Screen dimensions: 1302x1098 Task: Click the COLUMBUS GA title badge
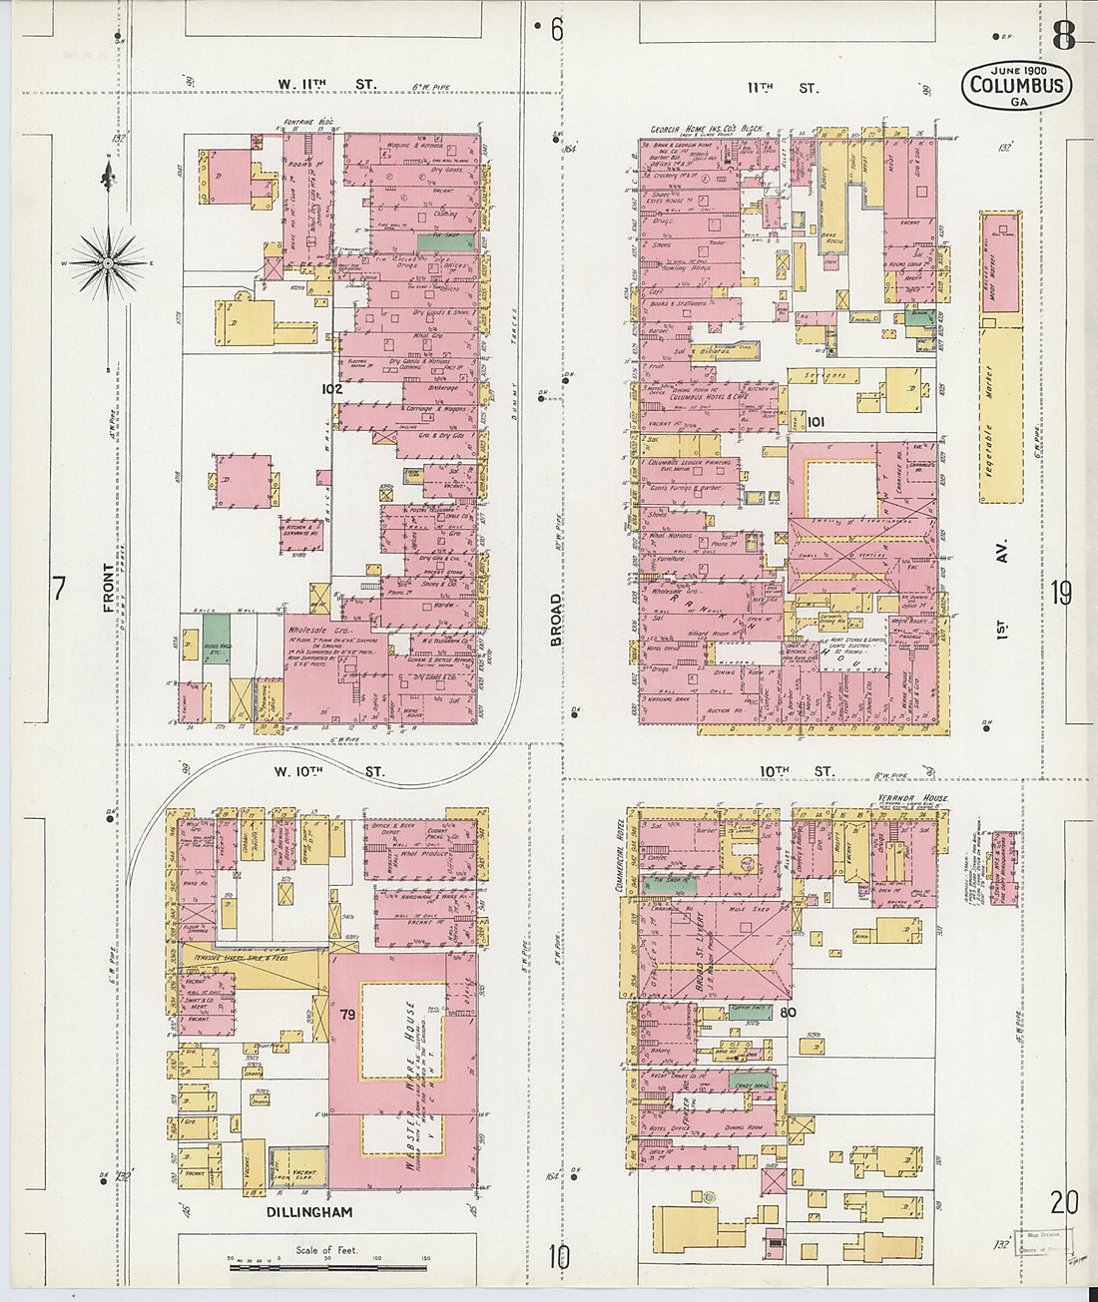[1016, 85]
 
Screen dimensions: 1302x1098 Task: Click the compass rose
[107, 263]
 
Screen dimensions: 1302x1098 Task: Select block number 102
[331, 389]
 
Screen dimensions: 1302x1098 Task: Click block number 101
[816, 421]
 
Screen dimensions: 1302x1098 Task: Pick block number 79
[347, 1015]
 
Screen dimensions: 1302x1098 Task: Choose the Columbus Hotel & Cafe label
[713, 397]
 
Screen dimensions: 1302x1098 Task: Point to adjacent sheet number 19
[1061, 593]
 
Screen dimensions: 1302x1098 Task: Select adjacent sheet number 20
[1064, 1201]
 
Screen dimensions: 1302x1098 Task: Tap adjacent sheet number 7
[58, 589]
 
